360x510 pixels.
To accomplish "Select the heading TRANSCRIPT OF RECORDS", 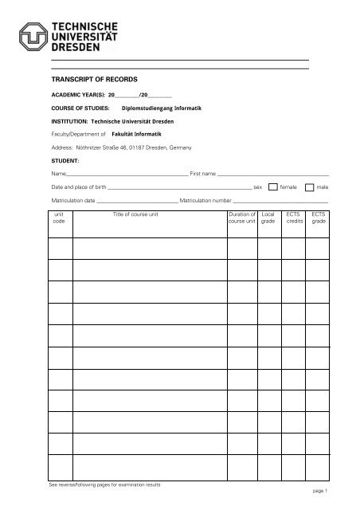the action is click(x=94, y=80).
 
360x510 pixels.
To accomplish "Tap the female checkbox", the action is click(x=274, y=186).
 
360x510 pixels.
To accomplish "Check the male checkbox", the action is click(x=310, y=186).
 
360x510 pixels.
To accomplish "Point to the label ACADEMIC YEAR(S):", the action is click(x=77, y=94).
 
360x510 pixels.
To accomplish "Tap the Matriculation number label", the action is click(x=205, y=200).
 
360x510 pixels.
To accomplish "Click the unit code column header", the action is click(x=58, y=218).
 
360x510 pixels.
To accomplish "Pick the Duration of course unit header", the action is click(x=241, y=218).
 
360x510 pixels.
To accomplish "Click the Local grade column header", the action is click(x=268, y=218).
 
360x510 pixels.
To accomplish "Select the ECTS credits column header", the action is click(x=293, y=218).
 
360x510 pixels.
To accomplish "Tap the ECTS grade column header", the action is click(x=319, y=218).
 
